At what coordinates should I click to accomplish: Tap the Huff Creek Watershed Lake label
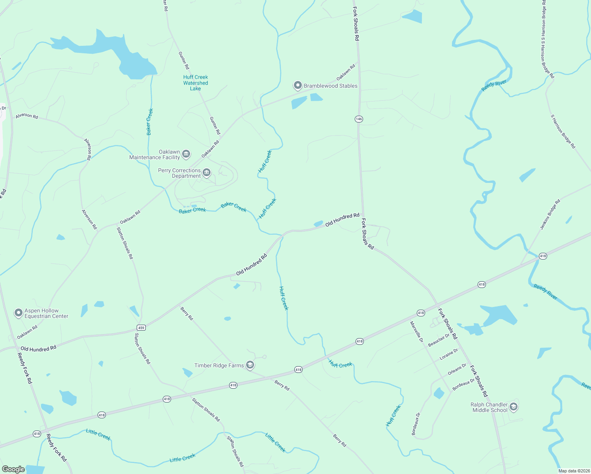click(196, 83)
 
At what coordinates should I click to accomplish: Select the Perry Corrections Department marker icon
click(206, 173)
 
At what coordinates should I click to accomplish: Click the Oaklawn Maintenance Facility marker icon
click(186, 154)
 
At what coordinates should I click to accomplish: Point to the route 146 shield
click(359, 119)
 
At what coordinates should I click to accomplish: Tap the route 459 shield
click(141, 327)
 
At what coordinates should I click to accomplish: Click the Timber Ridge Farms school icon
click(250, 365)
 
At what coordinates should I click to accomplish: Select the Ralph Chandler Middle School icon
click(513, 407)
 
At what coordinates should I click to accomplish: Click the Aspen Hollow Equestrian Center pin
click(18, 313)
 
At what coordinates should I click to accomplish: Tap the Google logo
click(13, 469)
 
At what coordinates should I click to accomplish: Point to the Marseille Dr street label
click(416, 331)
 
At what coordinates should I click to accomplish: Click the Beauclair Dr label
click(439, 340)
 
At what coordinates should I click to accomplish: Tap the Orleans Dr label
click(457, 369)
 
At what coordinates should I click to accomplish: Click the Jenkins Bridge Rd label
click(550, 214)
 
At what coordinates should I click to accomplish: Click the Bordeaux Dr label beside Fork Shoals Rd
click(463, 384)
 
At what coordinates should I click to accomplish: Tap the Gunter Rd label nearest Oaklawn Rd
click(215, 126)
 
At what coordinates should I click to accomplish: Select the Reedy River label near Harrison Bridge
click(494, 86)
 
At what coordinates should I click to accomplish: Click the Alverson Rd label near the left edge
click(27, 116)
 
